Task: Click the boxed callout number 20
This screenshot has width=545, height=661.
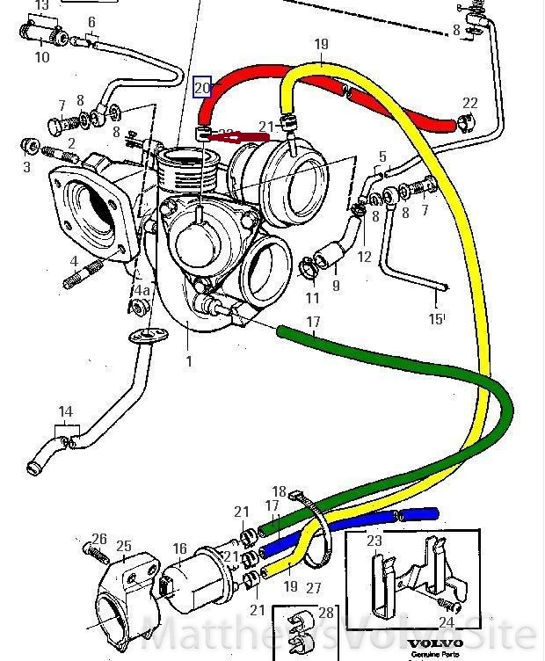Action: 202,88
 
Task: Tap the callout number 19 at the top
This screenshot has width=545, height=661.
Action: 320,44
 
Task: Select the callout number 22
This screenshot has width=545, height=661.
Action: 470,104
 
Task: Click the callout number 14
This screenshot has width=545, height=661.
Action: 65,411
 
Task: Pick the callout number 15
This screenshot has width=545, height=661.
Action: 435,319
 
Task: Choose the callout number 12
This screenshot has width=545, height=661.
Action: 364,258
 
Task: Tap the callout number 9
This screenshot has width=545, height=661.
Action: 336,285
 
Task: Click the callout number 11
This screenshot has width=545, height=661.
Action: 313,298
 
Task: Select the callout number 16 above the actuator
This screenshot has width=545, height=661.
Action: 179,549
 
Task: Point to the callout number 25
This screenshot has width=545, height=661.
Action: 124,547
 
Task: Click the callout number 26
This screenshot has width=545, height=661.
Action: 99,540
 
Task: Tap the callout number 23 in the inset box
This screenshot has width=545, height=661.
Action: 374,541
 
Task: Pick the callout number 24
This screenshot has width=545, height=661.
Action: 446,623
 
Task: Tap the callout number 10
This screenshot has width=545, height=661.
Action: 42,58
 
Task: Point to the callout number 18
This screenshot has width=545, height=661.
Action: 280,491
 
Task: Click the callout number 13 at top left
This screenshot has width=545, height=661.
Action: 41,5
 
